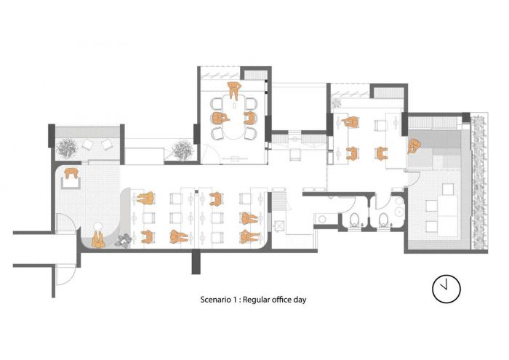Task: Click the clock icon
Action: (446, 289)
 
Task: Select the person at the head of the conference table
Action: (233, 89)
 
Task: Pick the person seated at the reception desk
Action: (71, 173)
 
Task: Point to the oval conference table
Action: (235, 117)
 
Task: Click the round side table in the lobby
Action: (97, 226)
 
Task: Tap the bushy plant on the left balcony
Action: (67, 148)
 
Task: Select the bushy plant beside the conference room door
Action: (183, 150)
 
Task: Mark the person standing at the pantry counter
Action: (413, 146)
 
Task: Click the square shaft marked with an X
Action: (279, 225)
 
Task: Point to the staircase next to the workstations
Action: (279, 201)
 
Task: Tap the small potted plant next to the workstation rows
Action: (124, 241)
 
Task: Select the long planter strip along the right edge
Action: (478, 182)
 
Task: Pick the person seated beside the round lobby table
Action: (97, 240)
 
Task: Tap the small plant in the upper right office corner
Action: (336, 103)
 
